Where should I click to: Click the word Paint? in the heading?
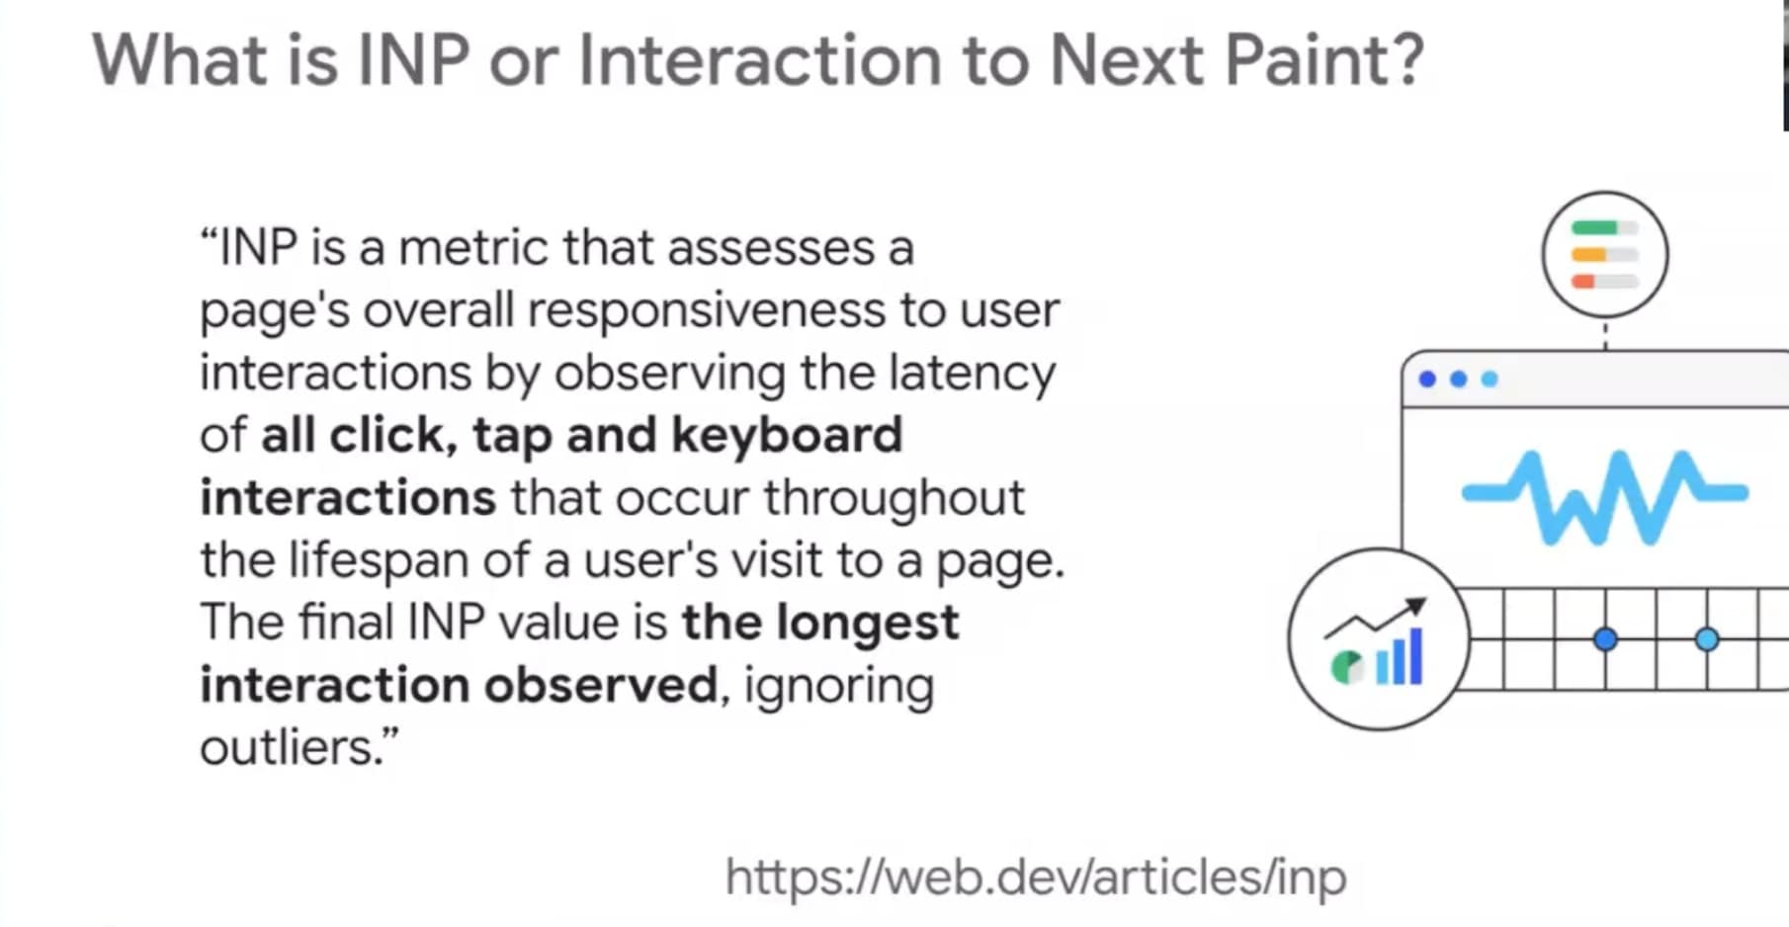pyautogui.click(x=1324, y=59)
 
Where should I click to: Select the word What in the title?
pyautogui.click(x=180, y=59)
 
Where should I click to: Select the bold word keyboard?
pyautogui.click(x=788, y=435)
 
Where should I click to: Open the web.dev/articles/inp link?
pyautogui.click(x=1035, y=877)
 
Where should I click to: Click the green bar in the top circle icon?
pyautogui.click(x=1594, y=228)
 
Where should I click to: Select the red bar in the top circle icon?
pyautogui.click(x=1583, y=282)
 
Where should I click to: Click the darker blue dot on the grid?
pyautogui.click(x=1605, y=639)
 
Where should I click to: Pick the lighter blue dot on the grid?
pyautogui.click(x=1707, y=639)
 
